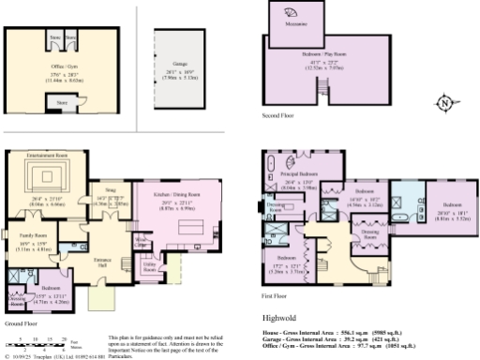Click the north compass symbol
point(443,102)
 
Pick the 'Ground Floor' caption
point(21,323)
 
